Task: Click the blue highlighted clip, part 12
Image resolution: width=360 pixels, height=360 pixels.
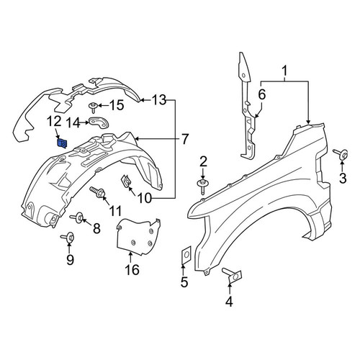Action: [62, 143]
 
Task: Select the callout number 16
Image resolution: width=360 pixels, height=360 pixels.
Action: [132, 269]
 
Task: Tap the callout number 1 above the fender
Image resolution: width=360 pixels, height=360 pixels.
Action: [284, 71]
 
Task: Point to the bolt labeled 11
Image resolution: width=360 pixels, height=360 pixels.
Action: [98, 192]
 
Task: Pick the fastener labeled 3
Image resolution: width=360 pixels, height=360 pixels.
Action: [341, 154]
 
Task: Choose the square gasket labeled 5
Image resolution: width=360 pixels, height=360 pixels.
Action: [186, 254]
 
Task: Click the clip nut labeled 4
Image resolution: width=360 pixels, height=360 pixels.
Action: [232, 275]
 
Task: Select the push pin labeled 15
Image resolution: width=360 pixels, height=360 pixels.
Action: [93, 107]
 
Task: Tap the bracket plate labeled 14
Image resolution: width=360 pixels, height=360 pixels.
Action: [99, 123]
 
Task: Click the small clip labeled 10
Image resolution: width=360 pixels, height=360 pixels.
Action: [126, 181]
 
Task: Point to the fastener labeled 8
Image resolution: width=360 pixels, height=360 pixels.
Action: [77, 217]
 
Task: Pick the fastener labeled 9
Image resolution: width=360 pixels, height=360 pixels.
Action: [68, 237]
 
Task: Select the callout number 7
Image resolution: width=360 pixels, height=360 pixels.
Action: [184, 139]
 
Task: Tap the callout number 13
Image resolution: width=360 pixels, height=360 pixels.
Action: [159, 100]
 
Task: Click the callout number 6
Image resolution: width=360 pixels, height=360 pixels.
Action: [262, 94]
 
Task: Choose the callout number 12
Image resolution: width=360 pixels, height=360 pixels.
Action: [54, 122]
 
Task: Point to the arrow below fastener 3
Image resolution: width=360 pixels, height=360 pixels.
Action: [343, 166]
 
